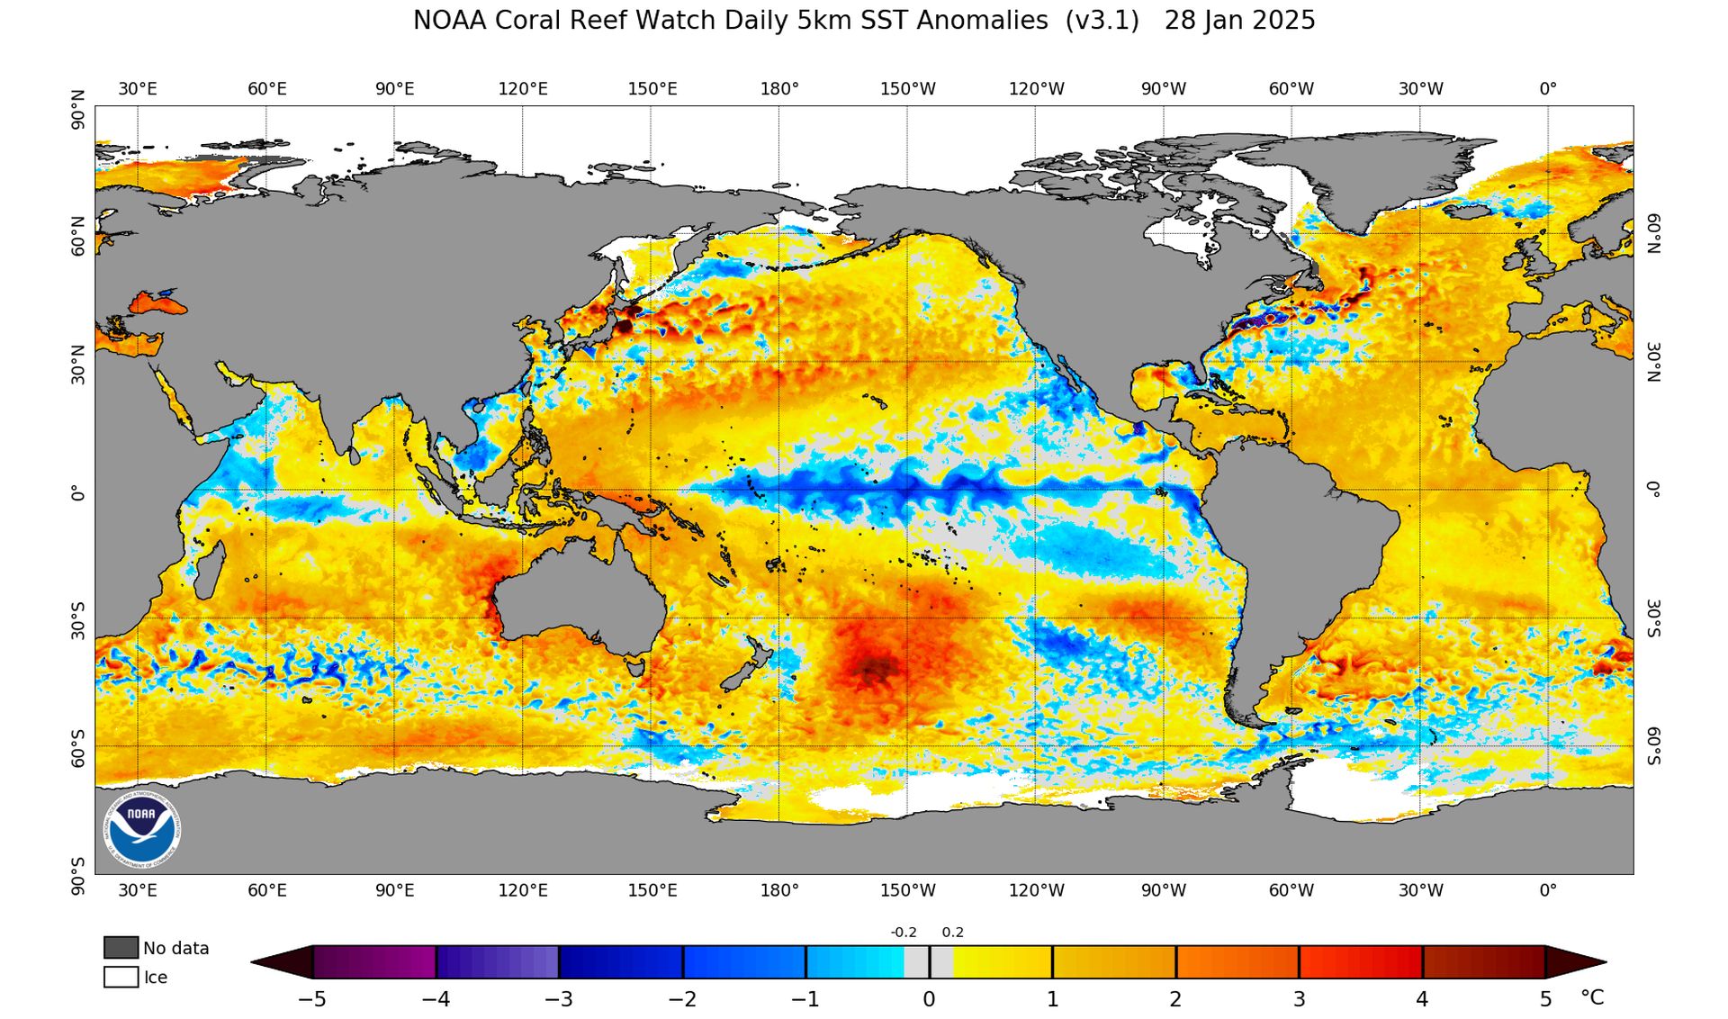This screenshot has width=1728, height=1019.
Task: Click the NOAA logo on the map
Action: pyautogui.click(x=142, y=830)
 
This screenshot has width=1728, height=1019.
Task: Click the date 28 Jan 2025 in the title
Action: pyautogui.click(x=1239, y=21)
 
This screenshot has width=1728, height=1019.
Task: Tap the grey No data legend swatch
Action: pyautogui.click(x=121, y=947)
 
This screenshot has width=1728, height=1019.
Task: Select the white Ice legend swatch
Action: pyautogui.click(x=121, y=977)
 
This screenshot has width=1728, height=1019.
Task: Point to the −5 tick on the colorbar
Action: pyautogui.click(x=312, y=998)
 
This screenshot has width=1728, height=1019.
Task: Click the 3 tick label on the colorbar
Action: pyautogui.click(x=1299, y=998)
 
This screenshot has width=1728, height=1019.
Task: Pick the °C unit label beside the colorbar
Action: pyautogui.click(x=1591, y=997)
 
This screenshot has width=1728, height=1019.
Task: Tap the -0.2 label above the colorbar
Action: pyautogui.click(x=903, y=933)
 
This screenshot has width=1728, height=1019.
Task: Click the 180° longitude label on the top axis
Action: pyautogui.click(x=779, y=89)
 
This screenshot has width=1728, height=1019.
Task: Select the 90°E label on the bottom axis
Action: pyautogui.click(x=395, y=890)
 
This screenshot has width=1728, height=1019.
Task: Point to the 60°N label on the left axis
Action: pyautogui.click(x=79, y=236)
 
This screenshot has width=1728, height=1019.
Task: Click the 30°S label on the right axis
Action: pyautogui.click(x=1653, y=618)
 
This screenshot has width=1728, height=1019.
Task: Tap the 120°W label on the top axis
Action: pyautogui.click(x=1036, y=89)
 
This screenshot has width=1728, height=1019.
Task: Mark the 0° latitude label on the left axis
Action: pyautogui.click(x=79, y=493)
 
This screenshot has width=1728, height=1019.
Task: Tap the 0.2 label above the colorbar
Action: pyautogui.click(x=952, y=933)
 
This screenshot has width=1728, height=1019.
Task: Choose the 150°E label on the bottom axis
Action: pyautogui.click(x=652, y=890)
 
